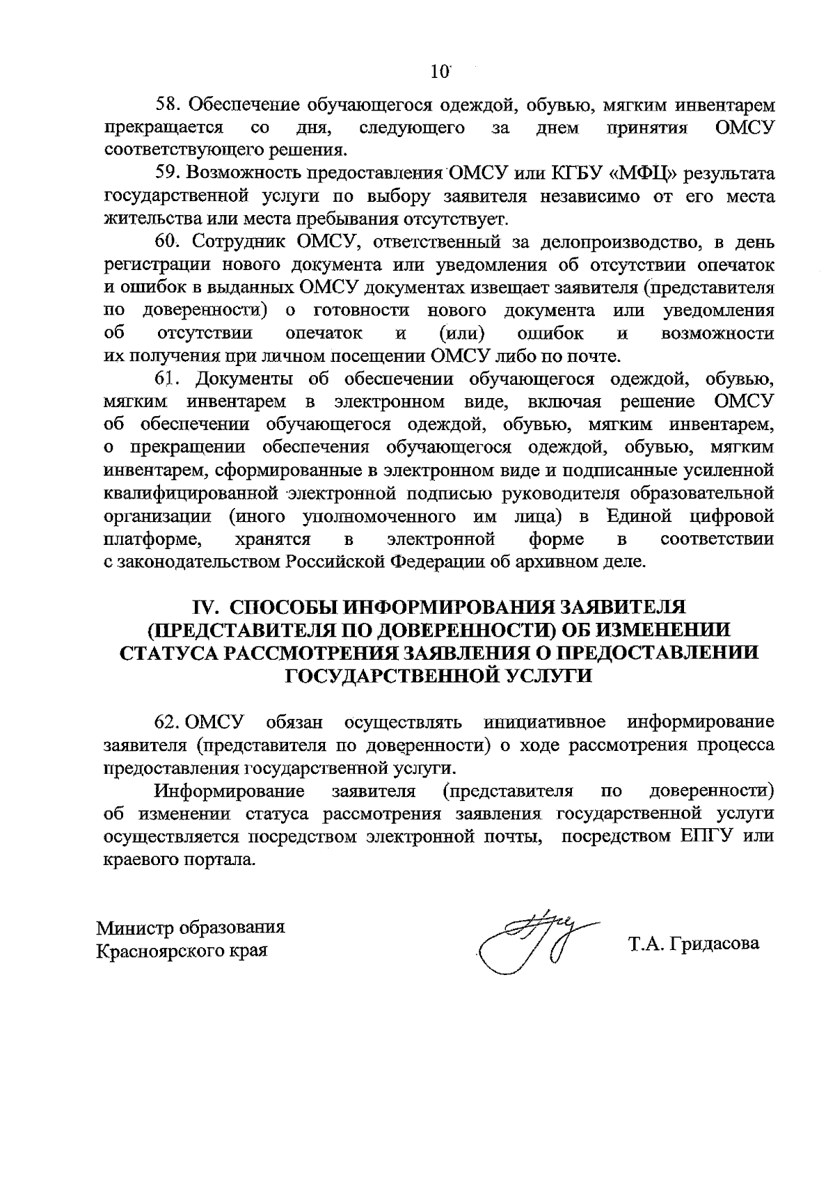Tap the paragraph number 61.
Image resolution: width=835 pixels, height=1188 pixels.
pos(166,379)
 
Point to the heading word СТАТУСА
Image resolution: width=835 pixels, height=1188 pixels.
pos(170,653)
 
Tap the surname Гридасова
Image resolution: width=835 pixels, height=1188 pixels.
pos(713,944)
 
